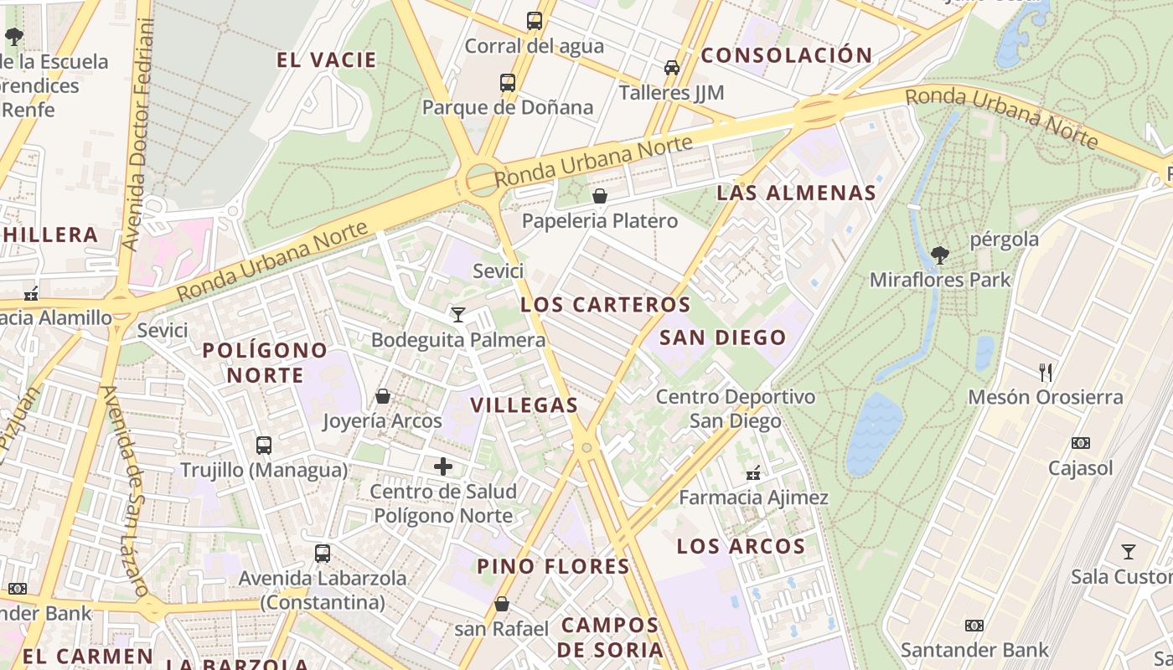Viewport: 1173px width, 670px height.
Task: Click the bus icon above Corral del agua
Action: [x=534, y=21]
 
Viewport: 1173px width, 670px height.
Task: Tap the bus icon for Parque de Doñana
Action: [x=508, y=83]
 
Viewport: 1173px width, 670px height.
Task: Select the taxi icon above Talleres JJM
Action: [x=671, y=67]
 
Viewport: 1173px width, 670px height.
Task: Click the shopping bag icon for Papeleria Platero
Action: [x=600, y=197]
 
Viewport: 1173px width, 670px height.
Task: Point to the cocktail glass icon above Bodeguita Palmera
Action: [x=457, y=315]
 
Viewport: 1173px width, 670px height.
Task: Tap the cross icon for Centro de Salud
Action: [x=443, y=466]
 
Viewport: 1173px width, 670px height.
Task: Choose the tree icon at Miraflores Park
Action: [x=940, y=255]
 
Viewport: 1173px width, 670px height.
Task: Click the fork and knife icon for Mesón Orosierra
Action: [x=1046, y=373]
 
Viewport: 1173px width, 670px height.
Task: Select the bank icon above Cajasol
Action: [x=1081, y=443]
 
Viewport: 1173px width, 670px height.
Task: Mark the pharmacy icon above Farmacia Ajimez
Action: [x=753, y=473]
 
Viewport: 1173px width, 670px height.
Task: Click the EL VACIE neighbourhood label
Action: [x=327, y=60]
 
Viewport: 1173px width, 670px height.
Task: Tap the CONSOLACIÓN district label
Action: [x=786, y=56]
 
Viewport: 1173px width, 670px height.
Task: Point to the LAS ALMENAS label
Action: [x=796, y=193]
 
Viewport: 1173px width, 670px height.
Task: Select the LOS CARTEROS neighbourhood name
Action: [x=606, y=305]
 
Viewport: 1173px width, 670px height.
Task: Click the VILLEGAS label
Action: [x=524, y=405]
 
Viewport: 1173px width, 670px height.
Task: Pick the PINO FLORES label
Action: [x=553, y=566]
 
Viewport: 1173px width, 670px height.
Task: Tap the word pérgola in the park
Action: [x=1004, y=240]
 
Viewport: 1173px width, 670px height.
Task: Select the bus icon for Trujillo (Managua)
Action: [x=264, y=445]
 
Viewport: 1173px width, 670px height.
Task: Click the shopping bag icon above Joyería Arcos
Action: [x=383, y=396]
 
